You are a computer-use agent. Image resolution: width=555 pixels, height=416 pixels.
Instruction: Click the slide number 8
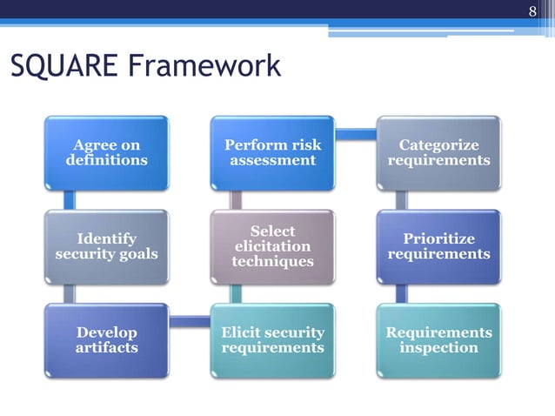533,11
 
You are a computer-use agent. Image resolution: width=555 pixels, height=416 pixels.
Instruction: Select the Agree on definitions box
106,152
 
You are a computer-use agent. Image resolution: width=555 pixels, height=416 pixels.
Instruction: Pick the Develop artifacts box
106,339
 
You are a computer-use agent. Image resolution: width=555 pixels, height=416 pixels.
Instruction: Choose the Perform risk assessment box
272,152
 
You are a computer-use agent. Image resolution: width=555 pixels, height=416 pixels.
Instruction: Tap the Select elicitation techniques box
272,246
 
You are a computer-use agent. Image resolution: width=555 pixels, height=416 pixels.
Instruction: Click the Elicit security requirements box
272,339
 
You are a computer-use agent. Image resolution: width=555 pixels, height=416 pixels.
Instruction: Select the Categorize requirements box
438,152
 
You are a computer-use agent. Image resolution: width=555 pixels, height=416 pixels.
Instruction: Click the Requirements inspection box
438,339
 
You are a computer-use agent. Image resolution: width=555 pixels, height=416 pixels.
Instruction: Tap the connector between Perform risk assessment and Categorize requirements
356,135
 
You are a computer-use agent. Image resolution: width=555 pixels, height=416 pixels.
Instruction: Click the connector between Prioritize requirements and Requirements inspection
401,293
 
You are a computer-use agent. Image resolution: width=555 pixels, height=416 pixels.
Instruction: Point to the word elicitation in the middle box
272,246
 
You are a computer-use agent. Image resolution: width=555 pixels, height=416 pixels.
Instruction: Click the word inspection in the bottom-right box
438,348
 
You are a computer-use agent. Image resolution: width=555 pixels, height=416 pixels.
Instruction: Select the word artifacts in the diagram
106,348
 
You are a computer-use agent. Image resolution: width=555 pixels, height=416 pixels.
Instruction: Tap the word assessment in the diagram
272,161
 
